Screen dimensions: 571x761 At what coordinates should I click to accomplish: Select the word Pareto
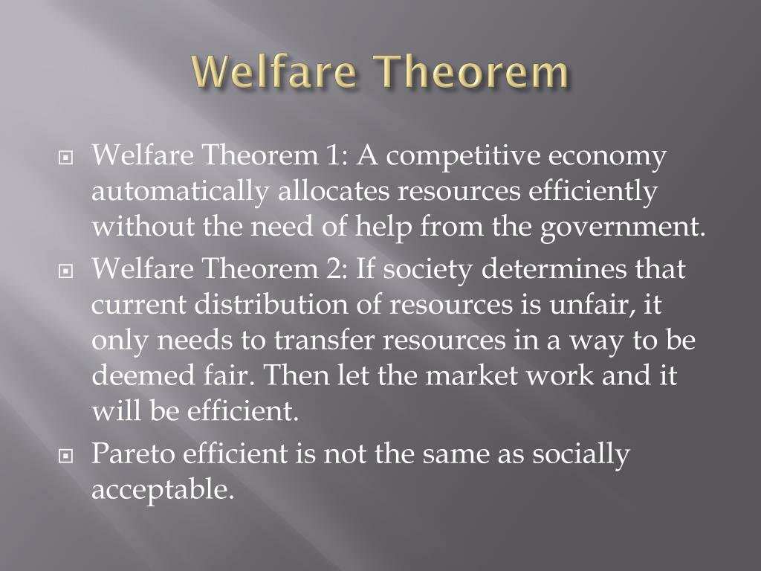click(x=133, y=454)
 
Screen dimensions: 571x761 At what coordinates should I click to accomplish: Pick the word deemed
click(x=137, y=375)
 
